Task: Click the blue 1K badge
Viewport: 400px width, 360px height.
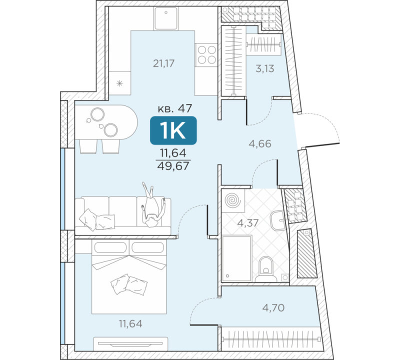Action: click(173, 131)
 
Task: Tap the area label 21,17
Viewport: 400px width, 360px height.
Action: click(165, 63)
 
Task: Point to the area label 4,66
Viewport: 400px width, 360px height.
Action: click(260, 144)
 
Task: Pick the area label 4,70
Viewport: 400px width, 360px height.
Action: click(273, 307)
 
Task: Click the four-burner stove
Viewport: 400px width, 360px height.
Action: click(206, 54)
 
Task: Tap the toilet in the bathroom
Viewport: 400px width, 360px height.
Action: click(266, 267)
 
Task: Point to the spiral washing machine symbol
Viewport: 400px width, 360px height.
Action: click(233, 200)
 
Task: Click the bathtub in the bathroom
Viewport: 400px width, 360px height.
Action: click(236, 257)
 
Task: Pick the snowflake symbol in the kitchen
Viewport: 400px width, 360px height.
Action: click(119, 83)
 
